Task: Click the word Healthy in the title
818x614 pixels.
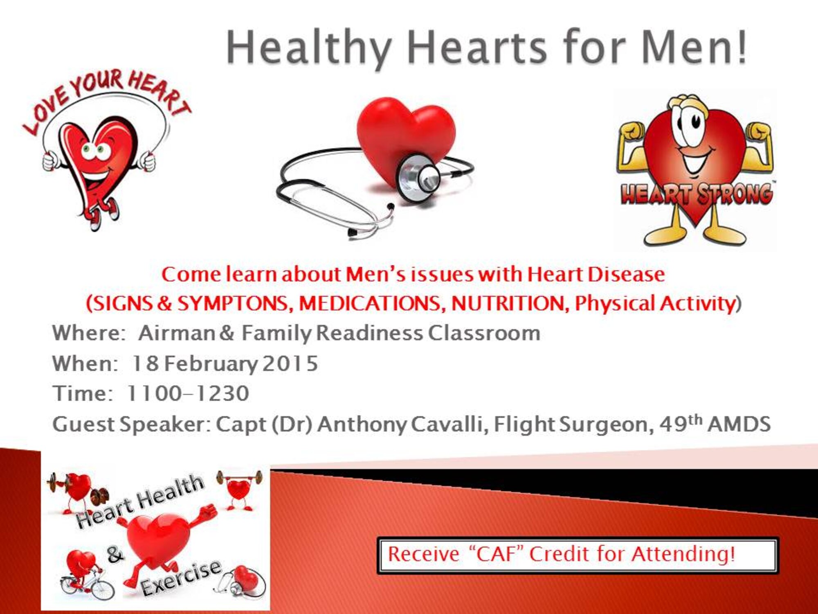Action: pos(309,48)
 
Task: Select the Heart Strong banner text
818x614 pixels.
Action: pos(697,194)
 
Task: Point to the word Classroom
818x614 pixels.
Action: pos(484,333)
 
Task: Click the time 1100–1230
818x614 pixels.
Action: pos(188,393)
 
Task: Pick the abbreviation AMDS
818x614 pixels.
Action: pos(739,424)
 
